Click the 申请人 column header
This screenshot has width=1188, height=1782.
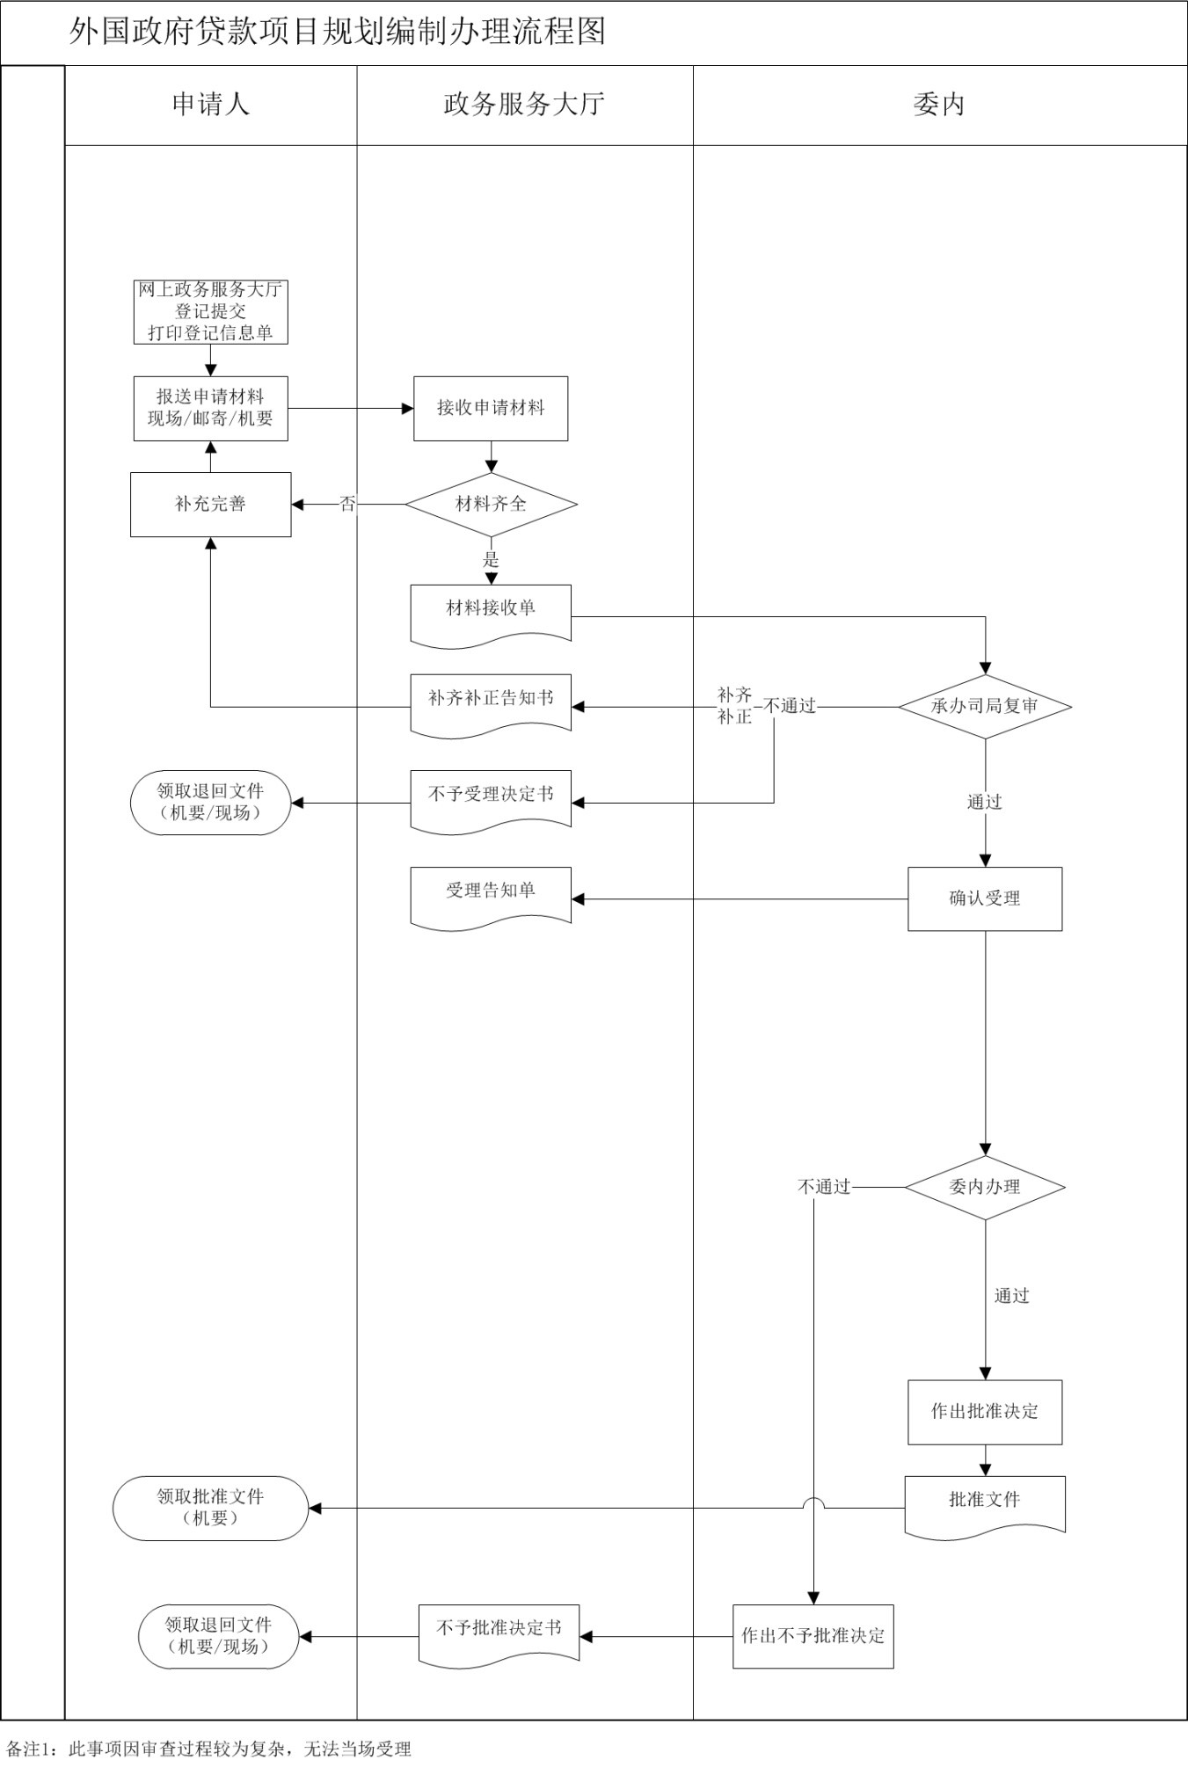tap(210, 105)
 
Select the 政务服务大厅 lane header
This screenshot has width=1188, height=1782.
tap(524, 105)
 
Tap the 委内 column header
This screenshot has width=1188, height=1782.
tap(939, 105)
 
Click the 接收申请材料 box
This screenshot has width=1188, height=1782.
tap(491, 408)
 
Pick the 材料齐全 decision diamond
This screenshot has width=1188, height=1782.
tap(491, 504)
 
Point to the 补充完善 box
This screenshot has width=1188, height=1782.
tap(210, 504)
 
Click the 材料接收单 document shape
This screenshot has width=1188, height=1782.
tap(491, 611)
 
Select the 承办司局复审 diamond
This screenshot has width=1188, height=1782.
tap(985, 706)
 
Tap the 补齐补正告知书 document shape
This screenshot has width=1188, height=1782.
tap(491, 701)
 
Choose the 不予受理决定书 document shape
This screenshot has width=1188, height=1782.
tap(491, 796)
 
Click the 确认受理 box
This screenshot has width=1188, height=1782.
tap(985, 898)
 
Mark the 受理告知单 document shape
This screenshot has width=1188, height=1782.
tap(491, 893)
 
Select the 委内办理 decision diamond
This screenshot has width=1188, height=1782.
tap(985, 1187)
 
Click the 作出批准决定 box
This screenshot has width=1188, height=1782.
tap(985, 1411)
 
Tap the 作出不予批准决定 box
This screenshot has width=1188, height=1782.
tap(813, 1636)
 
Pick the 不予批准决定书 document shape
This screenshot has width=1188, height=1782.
tap(499, 1631)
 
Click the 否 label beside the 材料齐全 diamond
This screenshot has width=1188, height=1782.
tap(348, 504)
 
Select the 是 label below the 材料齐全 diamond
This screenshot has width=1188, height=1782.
tap(491, 559)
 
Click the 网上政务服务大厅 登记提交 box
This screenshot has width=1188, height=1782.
tap(210, 311)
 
